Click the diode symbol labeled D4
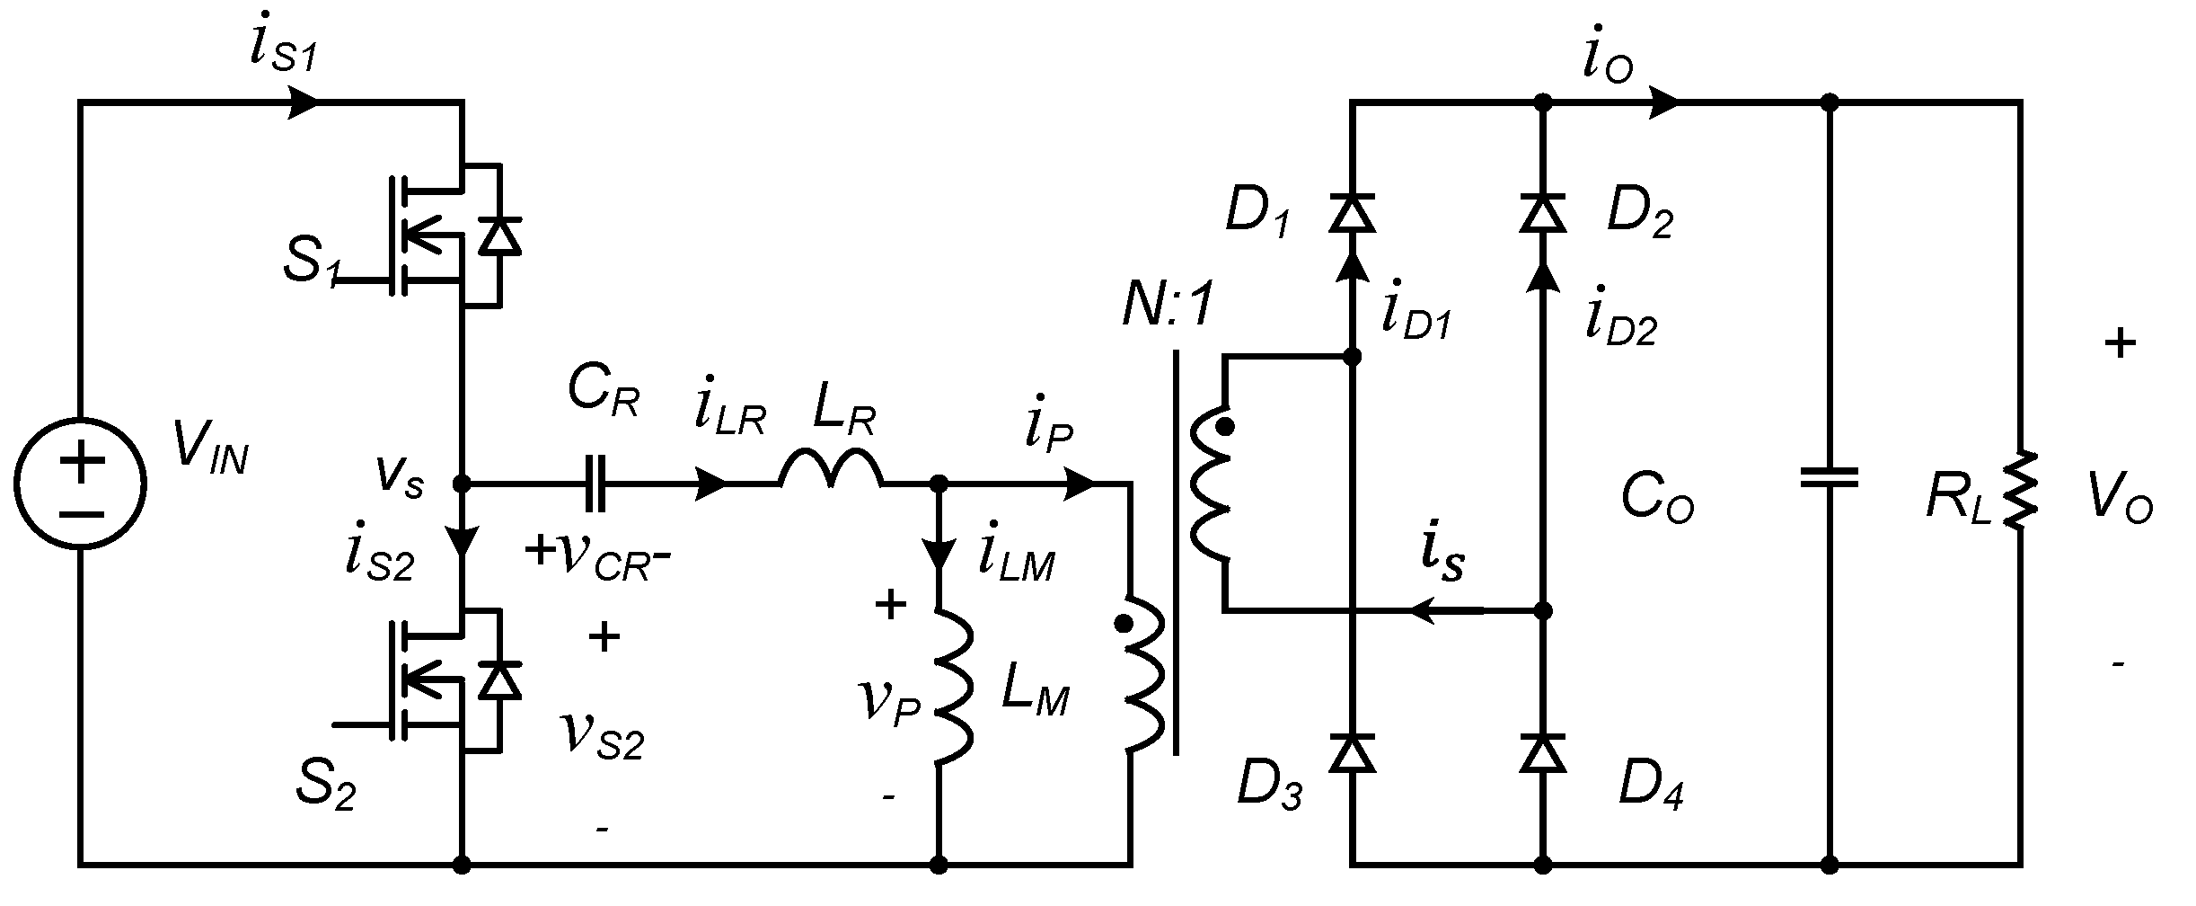tap(1543, 752)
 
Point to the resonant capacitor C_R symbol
tap(596, 484)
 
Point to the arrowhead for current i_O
tap(1664, 102)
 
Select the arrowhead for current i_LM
tap(939, 552)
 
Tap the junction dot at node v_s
tap(462, 484)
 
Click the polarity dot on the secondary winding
tap(1223, 430)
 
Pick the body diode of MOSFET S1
tap(499, 235)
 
